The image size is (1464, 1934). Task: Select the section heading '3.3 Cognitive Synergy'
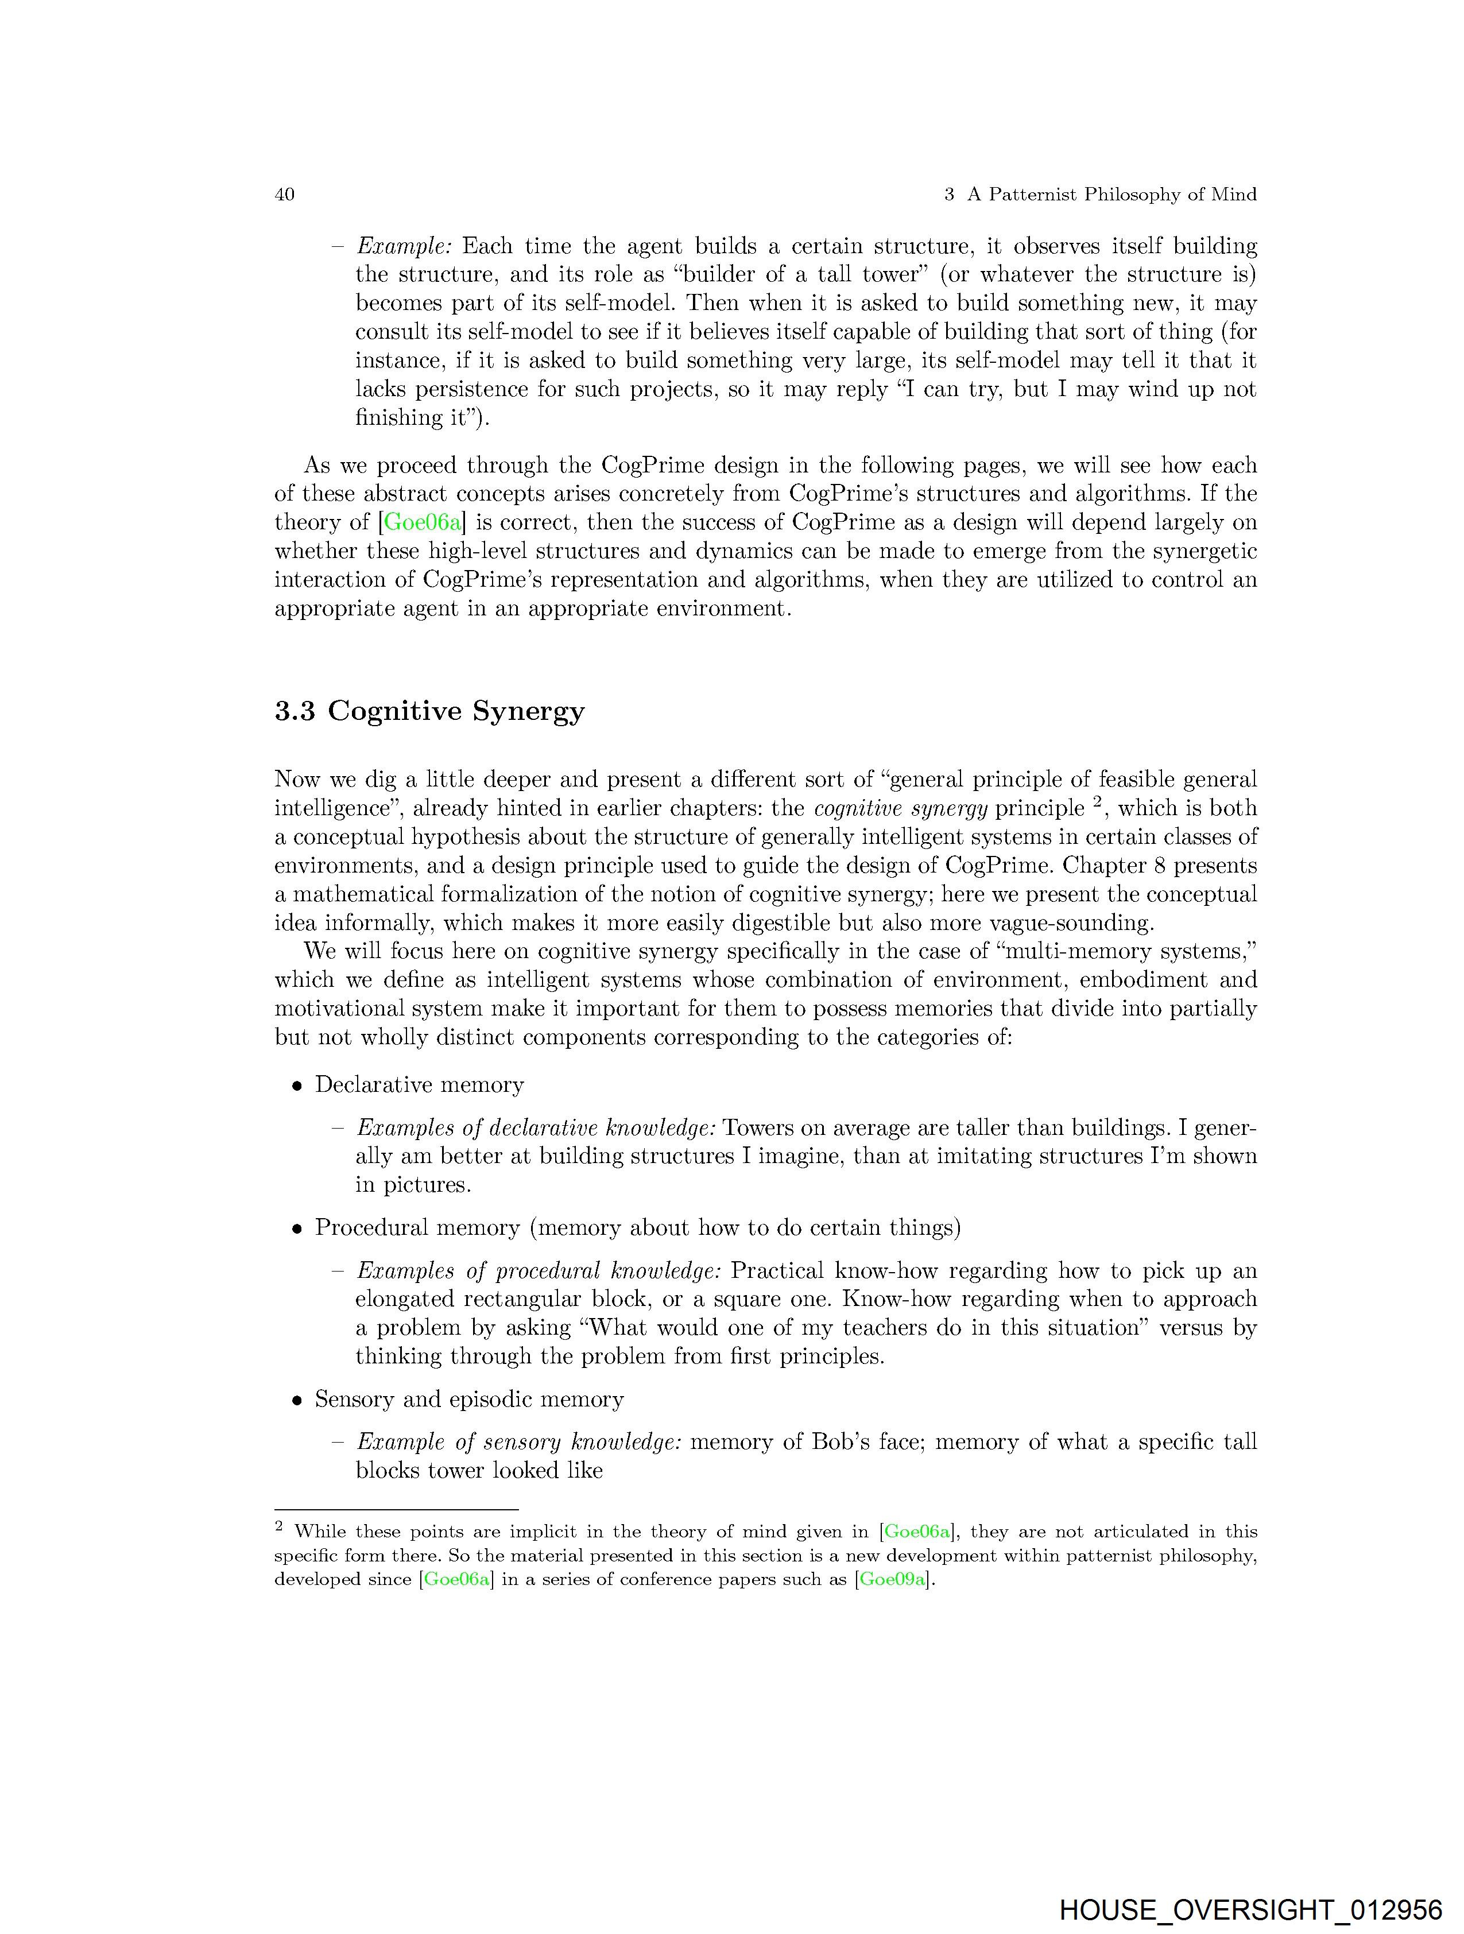point(429,711)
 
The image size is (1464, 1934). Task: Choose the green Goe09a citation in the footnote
point(892,1579)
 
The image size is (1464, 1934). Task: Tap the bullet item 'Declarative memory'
point(419,1084)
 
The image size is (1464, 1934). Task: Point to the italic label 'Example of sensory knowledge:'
point(518,1442)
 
